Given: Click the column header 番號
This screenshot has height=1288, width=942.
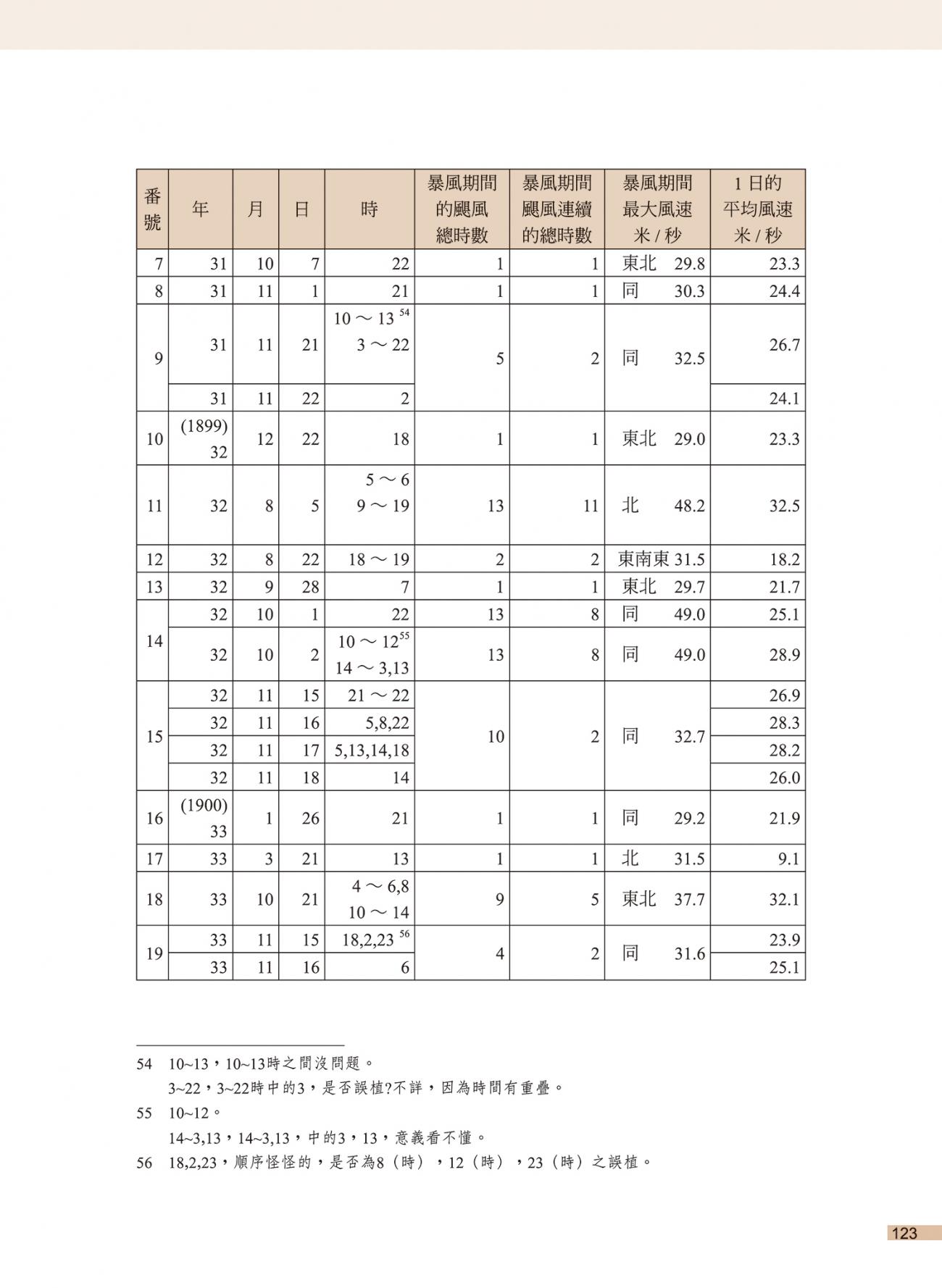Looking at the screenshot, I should pyautogui.click(x=152, y=209).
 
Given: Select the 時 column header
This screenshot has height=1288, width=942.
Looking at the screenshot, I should pyautogui.click(x=369, y=209).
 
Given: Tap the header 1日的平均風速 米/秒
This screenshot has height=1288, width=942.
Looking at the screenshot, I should pyautogui.click(x=757, y=209).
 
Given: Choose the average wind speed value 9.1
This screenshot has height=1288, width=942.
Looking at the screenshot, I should pyautogui.click(x=788, y=858).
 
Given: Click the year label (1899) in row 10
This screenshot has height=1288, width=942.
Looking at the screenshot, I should pyautogui.click(x=204, y=427).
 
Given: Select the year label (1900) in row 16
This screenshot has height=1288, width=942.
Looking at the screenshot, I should pyautogui.click(x=204, y=806).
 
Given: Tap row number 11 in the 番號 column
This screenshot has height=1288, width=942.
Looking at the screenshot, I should pyautogui.click(x=154, y=506).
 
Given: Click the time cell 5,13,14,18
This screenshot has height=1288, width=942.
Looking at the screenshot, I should pyautogui.click(x=372, y=750).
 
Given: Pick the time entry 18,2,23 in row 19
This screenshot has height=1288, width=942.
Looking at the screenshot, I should pyautogui.click(x=369, y=940).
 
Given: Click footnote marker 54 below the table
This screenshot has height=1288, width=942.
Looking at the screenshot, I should pyautogui.click(x=144, y=1064).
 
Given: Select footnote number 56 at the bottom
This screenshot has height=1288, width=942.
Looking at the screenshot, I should pyautogui.click(x=144, y=1163).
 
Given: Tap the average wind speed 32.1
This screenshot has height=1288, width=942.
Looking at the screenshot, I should pyautogui.click(x=784, y=899).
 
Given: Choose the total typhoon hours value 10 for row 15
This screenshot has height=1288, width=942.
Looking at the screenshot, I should pyautogui.click(x=496, y=737).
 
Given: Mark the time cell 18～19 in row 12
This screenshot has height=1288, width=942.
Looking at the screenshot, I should pyautogui.click(x=378, y=559).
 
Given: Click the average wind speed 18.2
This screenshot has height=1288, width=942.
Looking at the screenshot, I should pyautogui.click(x=784, y=559).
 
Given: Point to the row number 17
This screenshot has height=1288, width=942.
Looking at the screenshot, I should pyautogui.click(x=154, y=858).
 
